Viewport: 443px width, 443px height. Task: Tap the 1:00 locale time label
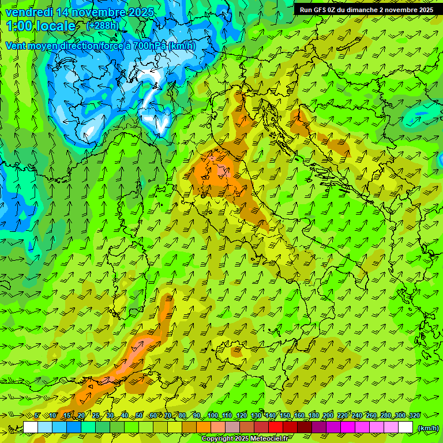point(41,26)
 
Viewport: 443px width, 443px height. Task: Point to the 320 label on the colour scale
point(415,415)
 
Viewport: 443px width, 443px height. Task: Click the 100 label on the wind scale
point(212,415)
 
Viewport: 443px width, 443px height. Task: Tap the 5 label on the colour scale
point(37,415)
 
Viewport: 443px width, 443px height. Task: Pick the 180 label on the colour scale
point(313,415)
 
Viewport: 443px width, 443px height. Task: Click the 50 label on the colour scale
point(139,415)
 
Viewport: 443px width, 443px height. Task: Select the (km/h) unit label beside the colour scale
point(427,428)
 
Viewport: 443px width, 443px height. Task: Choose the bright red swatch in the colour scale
point(276,427)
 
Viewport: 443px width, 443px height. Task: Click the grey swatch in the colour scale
point(232,427)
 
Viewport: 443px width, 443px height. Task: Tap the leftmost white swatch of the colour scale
point(31,427)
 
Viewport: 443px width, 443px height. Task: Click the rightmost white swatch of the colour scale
point(406,427)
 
